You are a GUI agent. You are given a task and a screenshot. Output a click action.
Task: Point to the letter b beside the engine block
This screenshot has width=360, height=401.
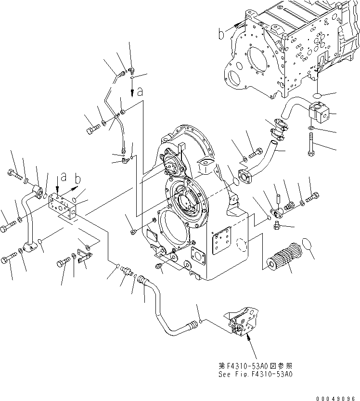pos(221,34)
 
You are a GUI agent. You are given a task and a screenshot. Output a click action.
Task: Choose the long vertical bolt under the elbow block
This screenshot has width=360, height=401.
pos(311,144)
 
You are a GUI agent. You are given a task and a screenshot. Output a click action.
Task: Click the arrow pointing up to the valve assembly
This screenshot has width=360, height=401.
pos(249,340)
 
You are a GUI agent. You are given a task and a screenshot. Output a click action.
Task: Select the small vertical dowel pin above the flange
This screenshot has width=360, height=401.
pos(279,198)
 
